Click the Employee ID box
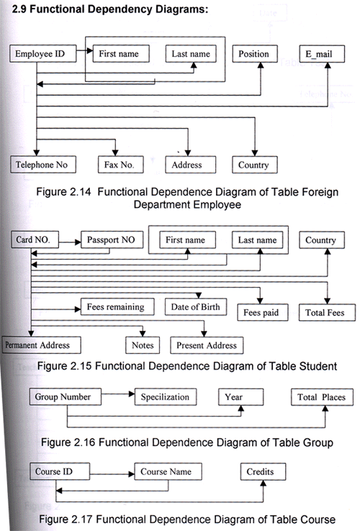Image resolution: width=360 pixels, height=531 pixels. (43, 53)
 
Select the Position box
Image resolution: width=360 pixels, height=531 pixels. (255, 53)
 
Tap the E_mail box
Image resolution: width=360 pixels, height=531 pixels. (322, 53)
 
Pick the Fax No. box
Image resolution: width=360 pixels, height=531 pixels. (121, 165)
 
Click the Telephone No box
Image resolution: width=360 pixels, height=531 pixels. (43, 165)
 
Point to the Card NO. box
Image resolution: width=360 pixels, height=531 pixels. (35, 240)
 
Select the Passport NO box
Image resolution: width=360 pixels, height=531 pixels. (112, 240)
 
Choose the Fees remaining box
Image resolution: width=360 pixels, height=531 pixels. (117, 307)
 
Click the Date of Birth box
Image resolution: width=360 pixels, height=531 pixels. (196, 307)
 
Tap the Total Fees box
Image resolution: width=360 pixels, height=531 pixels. (327, 312)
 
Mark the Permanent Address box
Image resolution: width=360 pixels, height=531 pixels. (41, 345)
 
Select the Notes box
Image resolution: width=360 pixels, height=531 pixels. (143, 345)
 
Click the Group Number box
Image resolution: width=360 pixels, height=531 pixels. (65, 397)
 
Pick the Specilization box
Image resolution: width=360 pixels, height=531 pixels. (166, 397)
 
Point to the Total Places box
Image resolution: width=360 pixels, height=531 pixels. (322, 397)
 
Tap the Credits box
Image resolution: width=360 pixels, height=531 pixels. (263, 471)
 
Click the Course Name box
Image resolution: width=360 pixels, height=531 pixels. (168, 471)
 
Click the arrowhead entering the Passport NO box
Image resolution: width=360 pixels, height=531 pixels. (78, 242)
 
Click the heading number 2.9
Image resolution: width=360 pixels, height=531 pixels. (19, 9)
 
